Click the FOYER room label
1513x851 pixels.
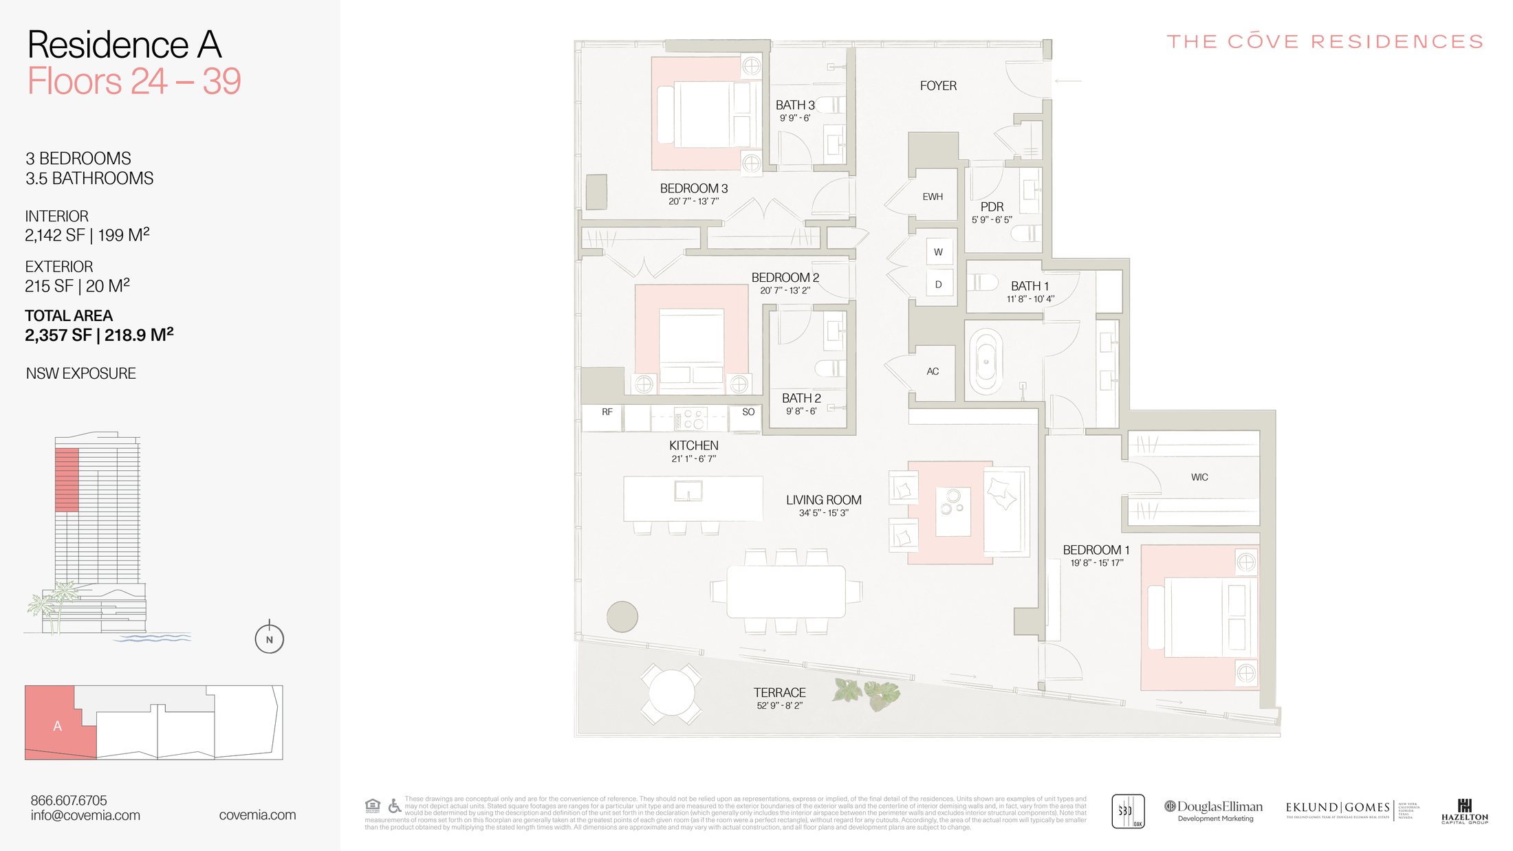[938, 86]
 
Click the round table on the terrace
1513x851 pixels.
[672, 693]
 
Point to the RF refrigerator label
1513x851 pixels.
[607, 412]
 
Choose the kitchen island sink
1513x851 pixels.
[688, 491]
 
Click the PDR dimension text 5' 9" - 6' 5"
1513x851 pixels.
[991, 220]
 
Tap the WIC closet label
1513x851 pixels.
[1199, 477]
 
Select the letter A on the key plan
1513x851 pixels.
[58, 726]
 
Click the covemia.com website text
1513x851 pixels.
[257, 815]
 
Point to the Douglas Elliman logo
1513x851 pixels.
[1214, 810]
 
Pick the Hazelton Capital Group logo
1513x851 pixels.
[1464, 811]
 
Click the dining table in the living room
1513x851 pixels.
[786, 591]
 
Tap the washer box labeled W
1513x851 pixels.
[938, 252]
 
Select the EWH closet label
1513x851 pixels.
[933, 197]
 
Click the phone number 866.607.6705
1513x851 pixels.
[69, 800]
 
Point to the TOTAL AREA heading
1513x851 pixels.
[69, 316]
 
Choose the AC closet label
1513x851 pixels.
[933, 371]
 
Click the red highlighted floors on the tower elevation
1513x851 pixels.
[67, 479]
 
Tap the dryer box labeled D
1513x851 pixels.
[938, 284]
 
